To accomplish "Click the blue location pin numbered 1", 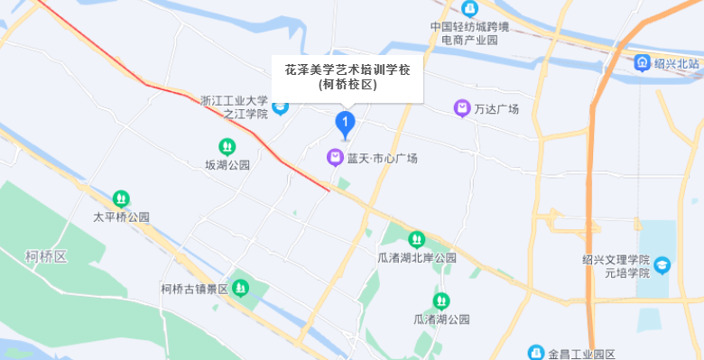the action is click(x=345, y=123).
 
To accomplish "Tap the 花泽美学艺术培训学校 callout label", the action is click(x=347, y=77).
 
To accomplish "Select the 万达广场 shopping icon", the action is click(x=462, y=108).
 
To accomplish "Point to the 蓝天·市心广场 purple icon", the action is click(x=335, y=158).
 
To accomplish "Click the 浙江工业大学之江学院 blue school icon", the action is click(x=281, y=108).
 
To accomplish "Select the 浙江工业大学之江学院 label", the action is click(x=234, y=107).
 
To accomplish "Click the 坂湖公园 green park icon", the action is click(x=227, y=146).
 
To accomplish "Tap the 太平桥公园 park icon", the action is click(x=121, y=198).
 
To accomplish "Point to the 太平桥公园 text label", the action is click(x=121, y=217).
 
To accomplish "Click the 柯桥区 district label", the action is click(x=47, y=257).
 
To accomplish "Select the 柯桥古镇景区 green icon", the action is click(x=240, y=288).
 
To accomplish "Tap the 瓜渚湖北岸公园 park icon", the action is click(x=416, y=239).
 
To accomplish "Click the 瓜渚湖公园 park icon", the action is click(x=441, y=300).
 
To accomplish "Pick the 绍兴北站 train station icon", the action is click(x=642, y=62).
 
